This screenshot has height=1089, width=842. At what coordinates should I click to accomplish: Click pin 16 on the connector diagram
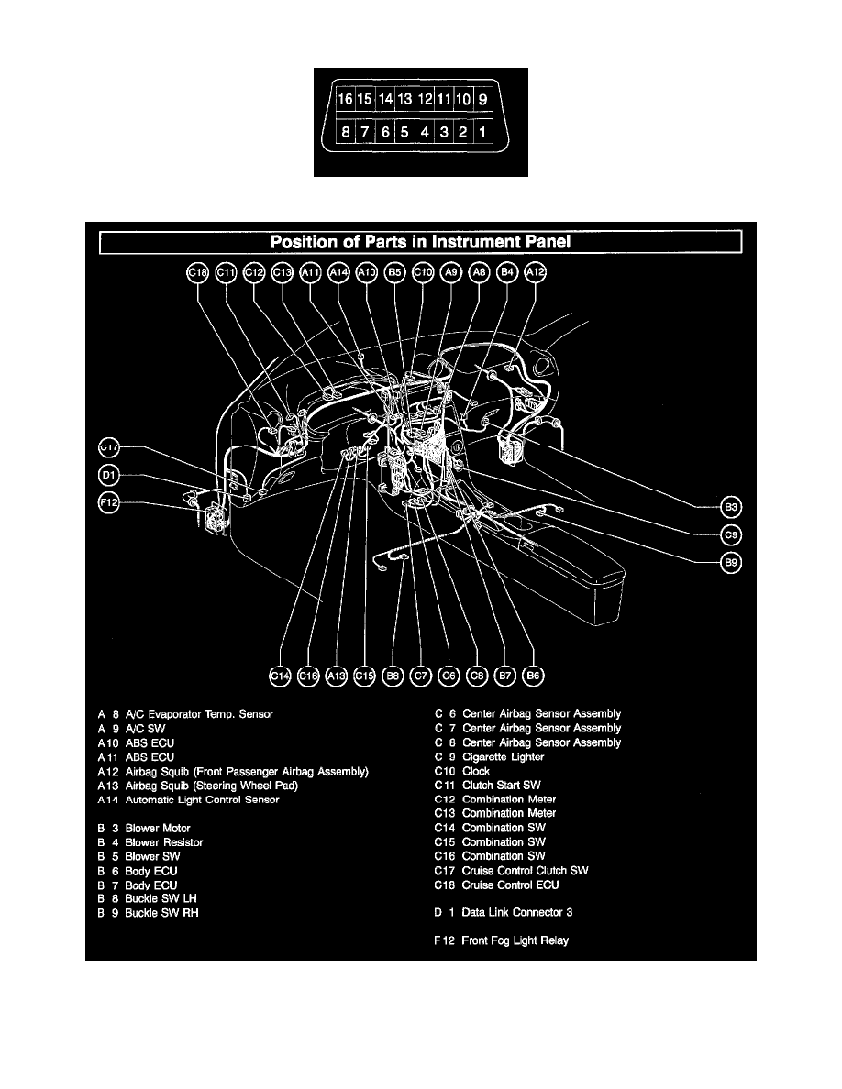345,98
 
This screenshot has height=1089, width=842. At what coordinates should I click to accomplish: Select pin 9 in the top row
483,98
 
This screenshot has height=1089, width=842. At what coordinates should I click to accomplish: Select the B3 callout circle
731,506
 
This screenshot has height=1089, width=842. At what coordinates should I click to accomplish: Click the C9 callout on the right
731,534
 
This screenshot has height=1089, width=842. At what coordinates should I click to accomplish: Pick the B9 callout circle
731,564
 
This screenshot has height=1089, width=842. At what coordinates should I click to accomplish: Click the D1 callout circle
109,475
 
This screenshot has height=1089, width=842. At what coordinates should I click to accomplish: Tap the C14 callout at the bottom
280,676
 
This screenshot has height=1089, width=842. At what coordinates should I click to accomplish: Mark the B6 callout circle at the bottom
533,676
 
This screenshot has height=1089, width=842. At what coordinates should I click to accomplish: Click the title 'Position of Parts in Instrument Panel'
420,242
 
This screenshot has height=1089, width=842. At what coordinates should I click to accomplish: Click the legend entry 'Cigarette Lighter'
503,757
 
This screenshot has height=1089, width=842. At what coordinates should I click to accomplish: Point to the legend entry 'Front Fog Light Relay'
515,940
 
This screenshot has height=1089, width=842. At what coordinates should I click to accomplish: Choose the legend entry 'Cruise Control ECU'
510,885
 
